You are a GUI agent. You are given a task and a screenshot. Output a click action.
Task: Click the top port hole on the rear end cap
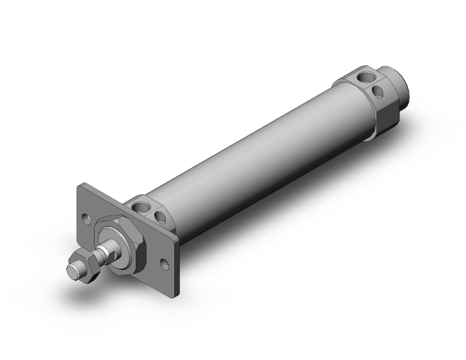361,77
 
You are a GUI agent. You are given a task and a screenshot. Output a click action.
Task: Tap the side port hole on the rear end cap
380,91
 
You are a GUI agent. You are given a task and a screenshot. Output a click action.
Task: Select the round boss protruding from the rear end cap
401,87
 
